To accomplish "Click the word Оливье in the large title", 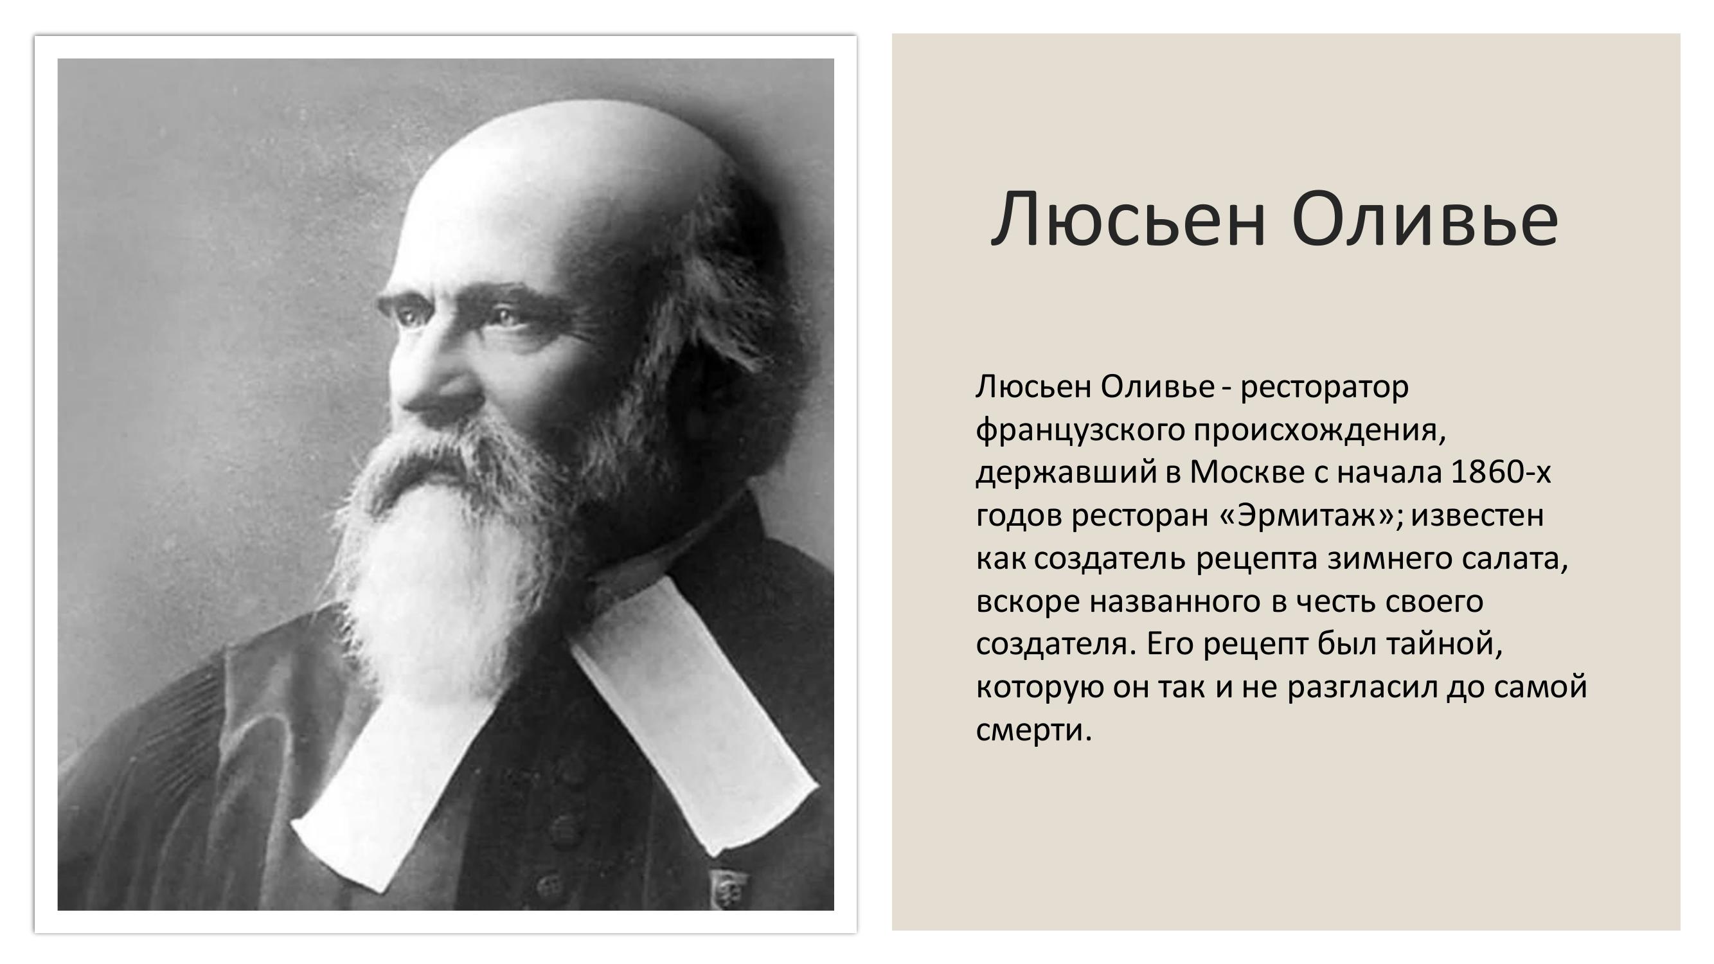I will (x=1425, y=220).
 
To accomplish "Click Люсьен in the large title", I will (x=1128, y=220).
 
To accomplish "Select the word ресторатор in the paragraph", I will (x=1324, y=387).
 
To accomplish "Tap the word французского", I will (x=1080, y=431).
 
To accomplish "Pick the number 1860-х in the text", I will (x=1501, y=472).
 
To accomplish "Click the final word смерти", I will (x=1033, y=731).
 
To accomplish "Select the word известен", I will (x=1477, y=515).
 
